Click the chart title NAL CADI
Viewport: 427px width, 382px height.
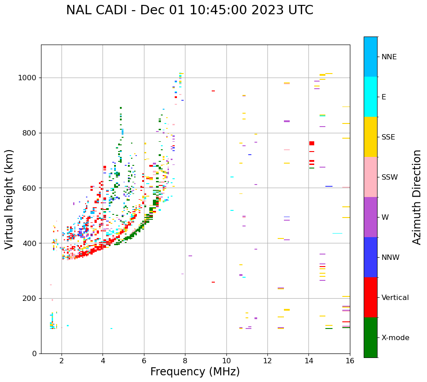(189, 10)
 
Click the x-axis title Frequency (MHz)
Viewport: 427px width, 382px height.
(195, 372)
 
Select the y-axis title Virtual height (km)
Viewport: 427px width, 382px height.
(9, 199)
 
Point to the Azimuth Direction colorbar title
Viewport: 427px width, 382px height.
(417, 197)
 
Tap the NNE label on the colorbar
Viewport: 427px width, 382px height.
(389, 57)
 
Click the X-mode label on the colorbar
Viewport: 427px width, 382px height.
(395, 338)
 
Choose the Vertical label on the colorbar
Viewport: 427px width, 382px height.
(395, 298)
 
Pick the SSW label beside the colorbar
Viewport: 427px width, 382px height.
(390, 177)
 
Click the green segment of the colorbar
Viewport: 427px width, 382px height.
(370, 337)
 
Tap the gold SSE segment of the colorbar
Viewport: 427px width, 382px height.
(370, 137)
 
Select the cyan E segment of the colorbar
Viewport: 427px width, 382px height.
(370, 97)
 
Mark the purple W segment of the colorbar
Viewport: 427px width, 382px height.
(370, 217)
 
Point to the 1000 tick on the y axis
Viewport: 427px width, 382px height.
(29, 78)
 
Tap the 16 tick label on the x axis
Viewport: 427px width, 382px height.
(349, 361)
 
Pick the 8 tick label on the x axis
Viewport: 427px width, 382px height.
(185, 361)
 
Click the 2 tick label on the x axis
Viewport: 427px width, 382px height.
(62, 361)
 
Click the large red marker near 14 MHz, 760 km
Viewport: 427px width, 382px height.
(312, 143)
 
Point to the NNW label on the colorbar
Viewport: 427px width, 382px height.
(390, 258)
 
